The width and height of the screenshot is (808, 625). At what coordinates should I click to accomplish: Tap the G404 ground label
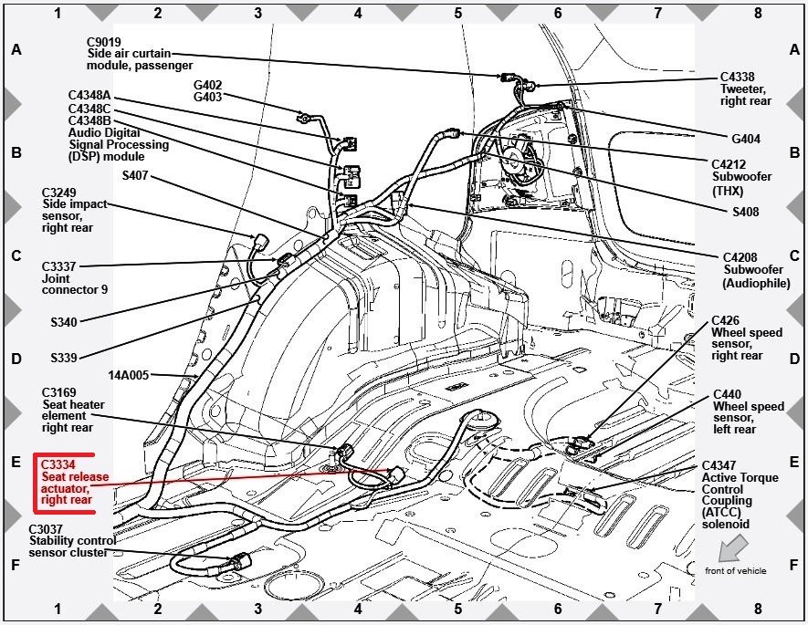746,140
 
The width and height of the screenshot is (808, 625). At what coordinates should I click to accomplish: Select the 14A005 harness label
128,374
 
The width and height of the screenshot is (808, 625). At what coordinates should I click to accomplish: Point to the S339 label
64,357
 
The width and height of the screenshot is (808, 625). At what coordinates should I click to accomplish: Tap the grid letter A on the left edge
16,50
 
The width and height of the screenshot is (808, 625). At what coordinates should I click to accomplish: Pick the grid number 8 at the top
757,13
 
